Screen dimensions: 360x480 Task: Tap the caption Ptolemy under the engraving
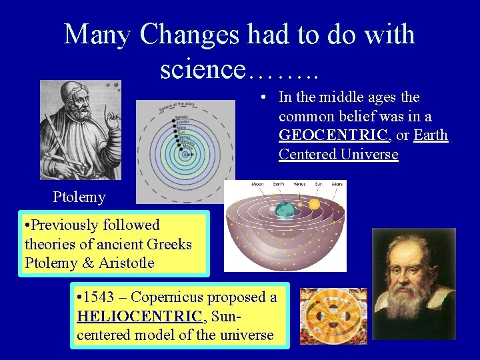pyautogui.click(x=79, y=197)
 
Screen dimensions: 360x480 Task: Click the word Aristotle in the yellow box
pyautogui.click(x=126, y=263)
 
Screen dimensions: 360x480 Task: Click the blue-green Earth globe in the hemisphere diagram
pyautogui.click(x=285, y=210)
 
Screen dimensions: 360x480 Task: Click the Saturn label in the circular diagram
pyautogui.click(x=179, y=117)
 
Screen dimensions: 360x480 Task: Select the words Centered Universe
pyautogui.click(x=338, y=155)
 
